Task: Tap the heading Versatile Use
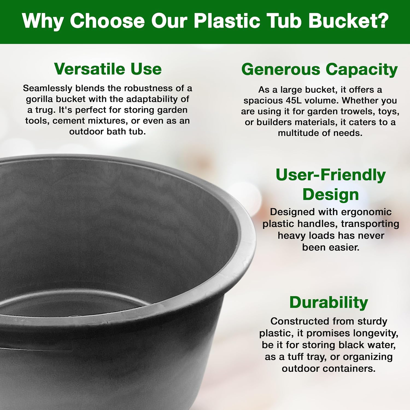pos(108,69)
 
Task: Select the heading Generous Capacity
pos(320,69)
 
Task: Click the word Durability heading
pos(329,303)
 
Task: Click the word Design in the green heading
pos(330,195)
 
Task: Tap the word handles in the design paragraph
pos(318,224)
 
